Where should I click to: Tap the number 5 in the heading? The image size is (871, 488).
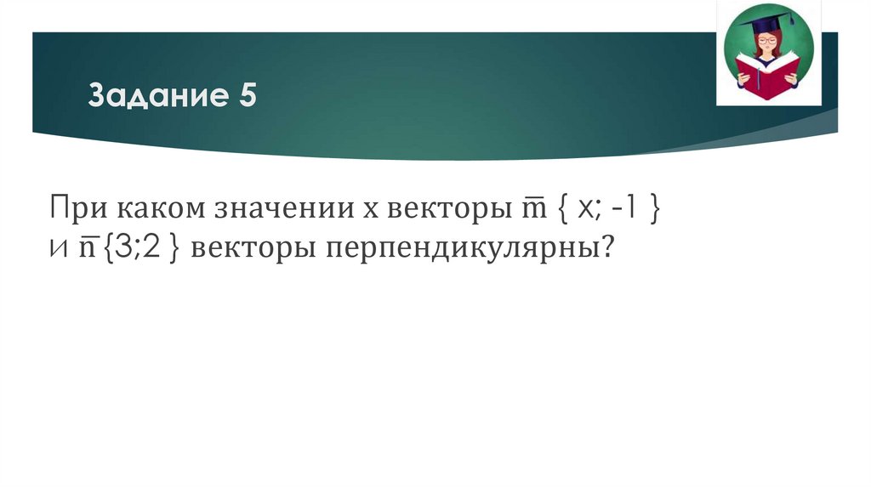[x=246, y=96]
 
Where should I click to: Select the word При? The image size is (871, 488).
[x=75, y=208]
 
